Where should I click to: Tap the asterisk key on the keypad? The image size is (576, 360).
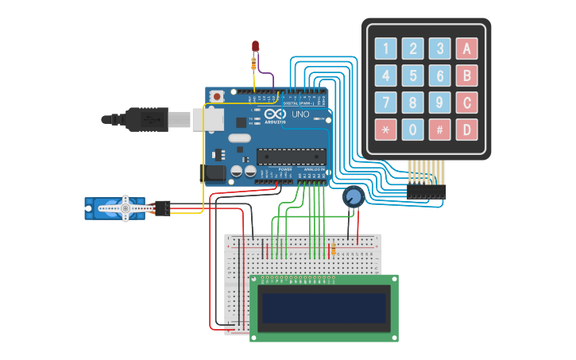pyautogui.click(x=386, y=129)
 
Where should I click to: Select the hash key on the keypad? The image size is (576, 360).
pyautogui.click(x=440, y=129)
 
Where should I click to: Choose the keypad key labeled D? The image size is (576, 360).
pyautogui.click(x=467, y=129)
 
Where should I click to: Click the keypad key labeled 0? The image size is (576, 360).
pyautogui.click(x=413, y=129)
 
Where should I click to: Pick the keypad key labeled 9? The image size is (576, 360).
pyautogui.click(x=440, y=103)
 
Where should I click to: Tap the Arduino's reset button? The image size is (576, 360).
pyautogui.click(x=215, y=95)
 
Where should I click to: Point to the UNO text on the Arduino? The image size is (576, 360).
pyautogui.click(x=300, y=114)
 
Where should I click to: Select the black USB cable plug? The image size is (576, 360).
pyautogui.click(x=146, y=119)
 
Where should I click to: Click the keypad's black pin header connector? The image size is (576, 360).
pyautogui.click(x=427, y=192)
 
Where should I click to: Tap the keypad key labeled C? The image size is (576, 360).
pyautogui.click(x=467, y=103)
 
